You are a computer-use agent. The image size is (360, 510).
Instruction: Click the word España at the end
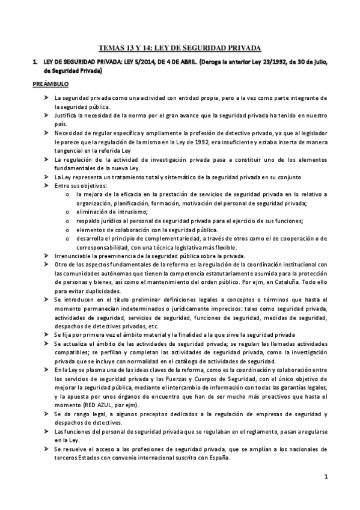tap(215, 456)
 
